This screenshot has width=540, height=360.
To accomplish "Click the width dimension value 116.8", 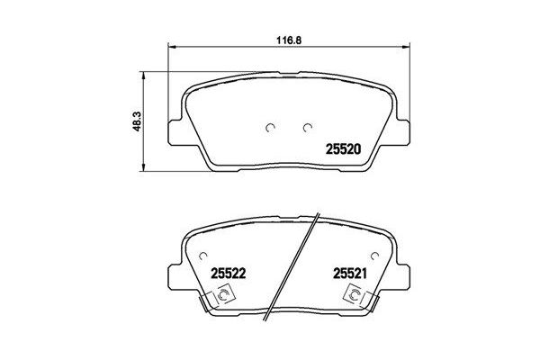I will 283,40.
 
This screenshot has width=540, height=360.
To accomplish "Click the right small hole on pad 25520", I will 306,126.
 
